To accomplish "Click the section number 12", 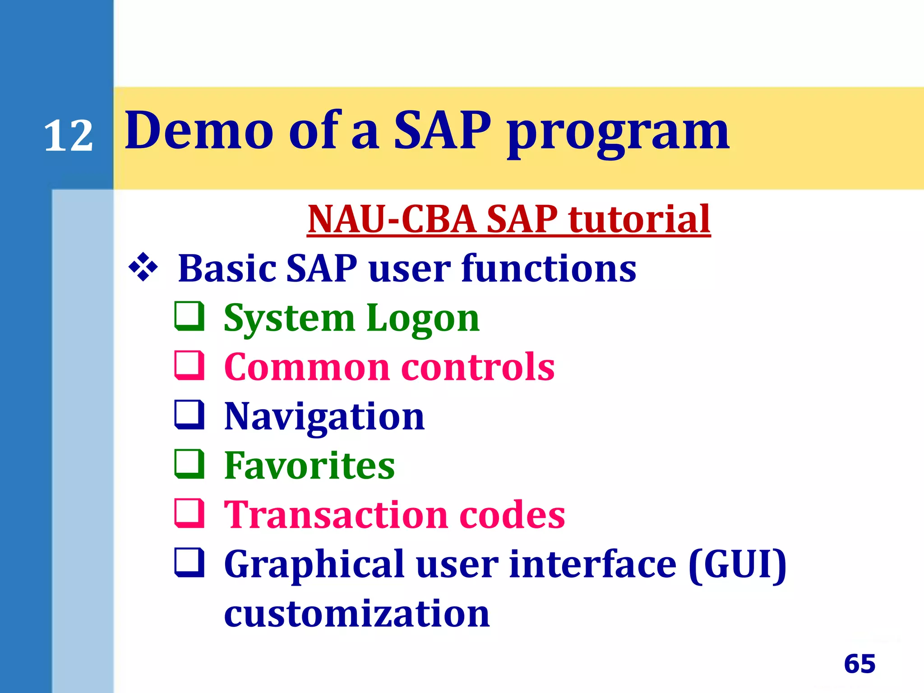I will point(69,136).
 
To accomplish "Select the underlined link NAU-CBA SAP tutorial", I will point(508,219).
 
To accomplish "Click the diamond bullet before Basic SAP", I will point(143,268).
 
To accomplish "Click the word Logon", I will point(423,319).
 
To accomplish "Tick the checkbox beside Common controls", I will point(189,365).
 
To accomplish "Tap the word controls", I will point(478,367).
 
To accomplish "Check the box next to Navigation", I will point(189,415).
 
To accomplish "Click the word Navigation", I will point(324,417).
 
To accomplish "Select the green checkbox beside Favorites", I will point(189,464).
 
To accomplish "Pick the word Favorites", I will point(310,466).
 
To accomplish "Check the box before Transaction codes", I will point(189,513).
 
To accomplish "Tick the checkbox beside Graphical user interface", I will point(189,562).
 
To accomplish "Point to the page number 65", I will point(859,664).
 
